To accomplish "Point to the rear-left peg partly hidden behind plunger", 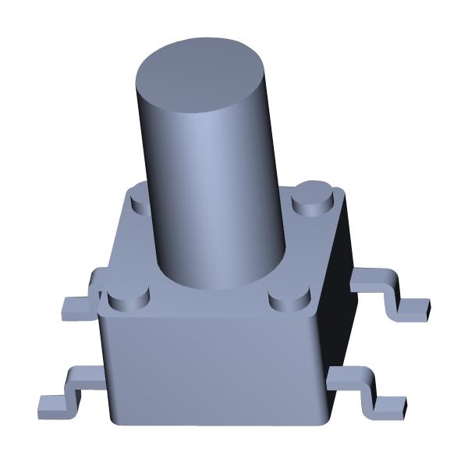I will [140, 198].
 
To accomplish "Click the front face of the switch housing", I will [211, 367].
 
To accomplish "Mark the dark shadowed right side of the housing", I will [340, 312].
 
